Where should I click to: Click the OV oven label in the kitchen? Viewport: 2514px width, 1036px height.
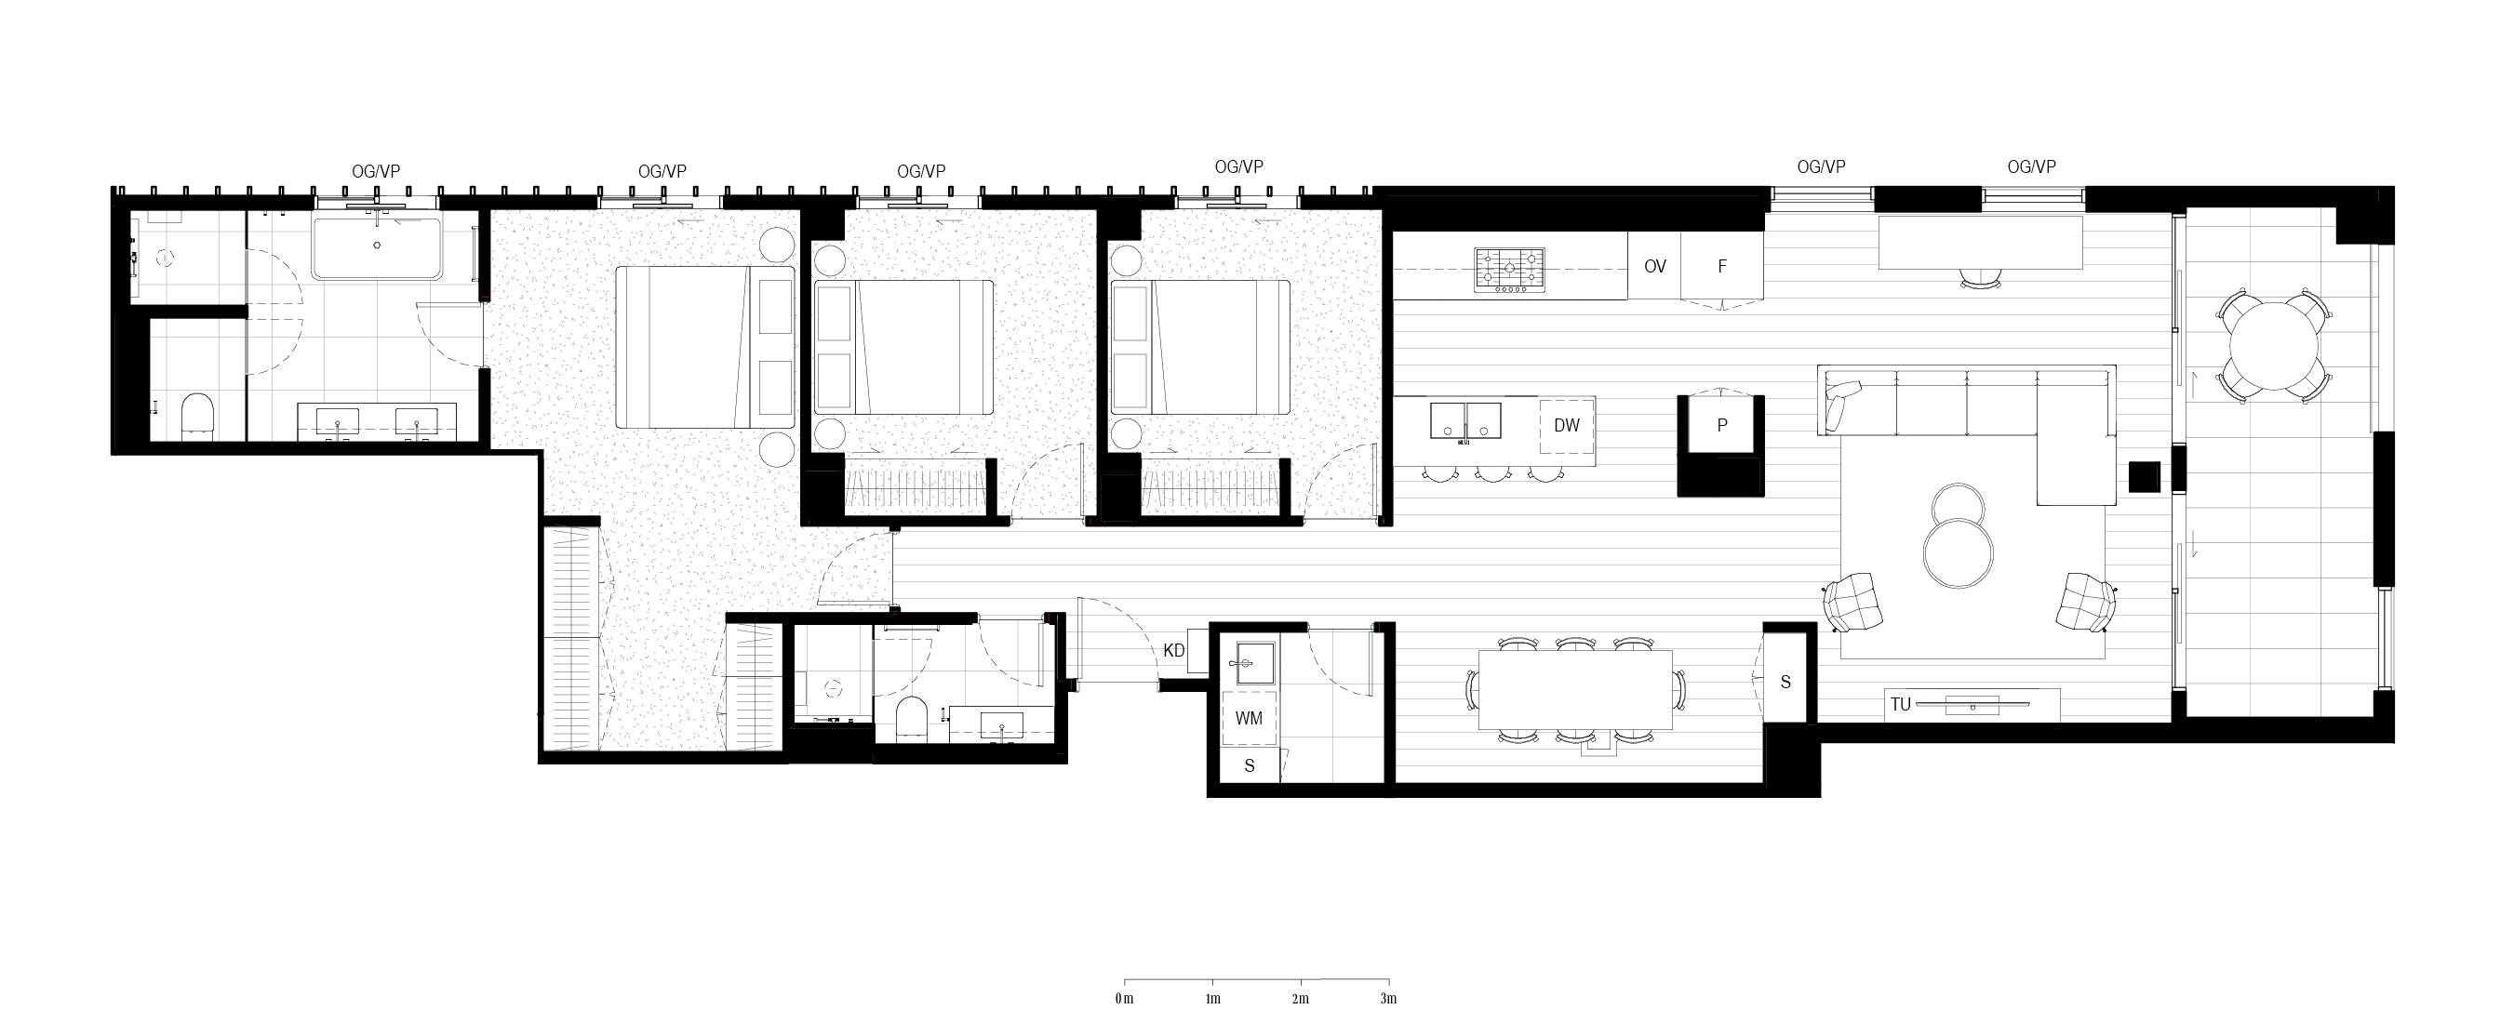tap(1655, 266)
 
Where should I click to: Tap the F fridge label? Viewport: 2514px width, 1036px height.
tap(1722, 266)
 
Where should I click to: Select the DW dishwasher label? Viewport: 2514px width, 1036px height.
tap(1567, 425)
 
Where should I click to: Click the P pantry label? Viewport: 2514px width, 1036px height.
tap(1722, 425)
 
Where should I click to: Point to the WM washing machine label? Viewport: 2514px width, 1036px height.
tap(1250, 719)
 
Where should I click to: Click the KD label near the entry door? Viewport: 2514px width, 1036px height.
tap(1174, 651)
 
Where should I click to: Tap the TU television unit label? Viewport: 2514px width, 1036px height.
tap(1900, 704)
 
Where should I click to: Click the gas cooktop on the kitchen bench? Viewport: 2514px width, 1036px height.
tap(1510, 271)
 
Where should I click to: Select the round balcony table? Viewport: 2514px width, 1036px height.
tap(2275, 346)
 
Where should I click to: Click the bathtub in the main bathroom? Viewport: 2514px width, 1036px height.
tap(377, 247)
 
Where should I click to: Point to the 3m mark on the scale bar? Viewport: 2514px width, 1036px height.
tap(1389, 999)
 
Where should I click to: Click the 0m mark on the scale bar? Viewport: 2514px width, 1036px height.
tap(1124, 999)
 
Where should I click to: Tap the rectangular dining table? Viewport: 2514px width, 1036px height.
tap(1576, 690)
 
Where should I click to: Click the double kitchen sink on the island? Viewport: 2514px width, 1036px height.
tap(1465, 420)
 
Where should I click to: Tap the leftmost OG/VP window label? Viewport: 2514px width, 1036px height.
tap(376, 171)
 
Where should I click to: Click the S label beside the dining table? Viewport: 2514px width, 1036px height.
tap(1786, 682)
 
